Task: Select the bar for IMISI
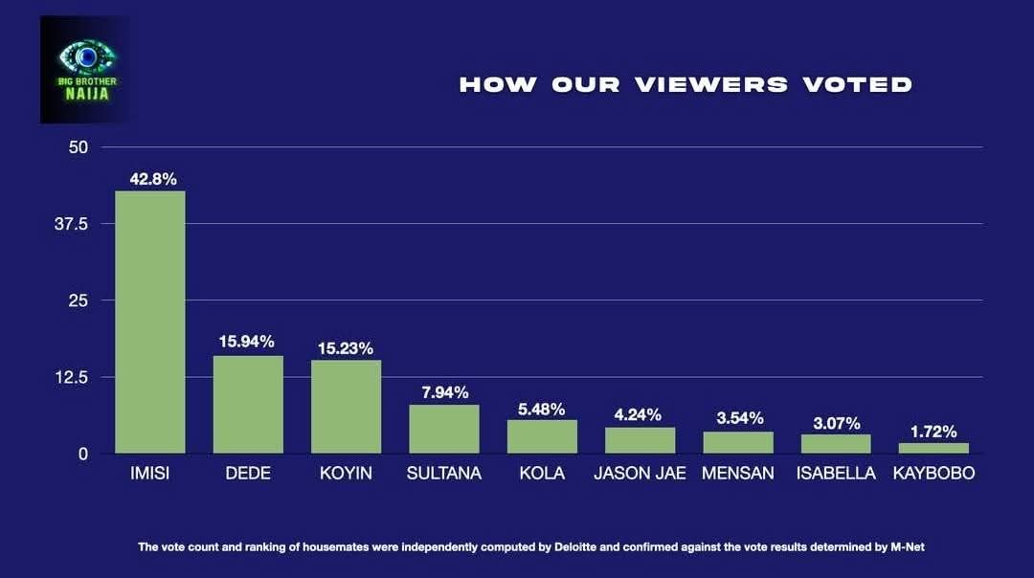(150, 322)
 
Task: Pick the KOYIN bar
(347, 406)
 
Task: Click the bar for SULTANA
(444, 429)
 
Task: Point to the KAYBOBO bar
(933, 448)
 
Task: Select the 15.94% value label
(247, 342)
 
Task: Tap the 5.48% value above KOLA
(541, 409)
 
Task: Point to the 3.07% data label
(836, 423)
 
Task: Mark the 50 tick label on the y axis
(79, 147)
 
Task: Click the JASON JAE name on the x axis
(640, 474)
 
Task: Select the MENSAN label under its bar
(737, 474)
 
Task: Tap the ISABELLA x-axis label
(836, 474)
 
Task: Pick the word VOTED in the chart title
(858, 84)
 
